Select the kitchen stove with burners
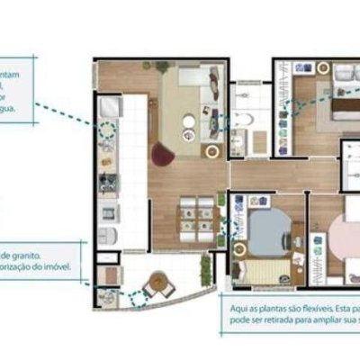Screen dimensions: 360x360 (x=108, y=184)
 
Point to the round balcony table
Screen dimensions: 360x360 (x=158, y=282)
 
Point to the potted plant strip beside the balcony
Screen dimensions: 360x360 (x=207, y=267)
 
